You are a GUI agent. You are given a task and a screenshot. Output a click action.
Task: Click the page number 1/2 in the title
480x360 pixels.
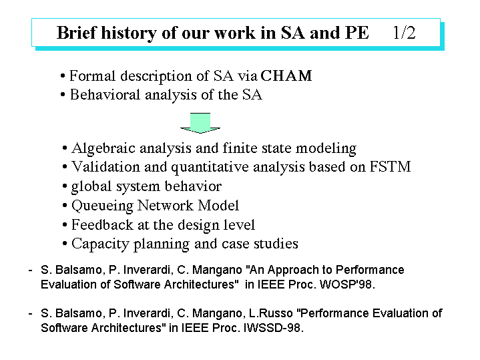coord(404,33)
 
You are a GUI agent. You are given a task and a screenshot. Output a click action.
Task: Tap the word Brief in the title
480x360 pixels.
coord(76,33)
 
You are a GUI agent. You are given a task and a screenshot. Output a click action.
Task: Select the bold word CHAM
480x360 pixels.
coord(286,75)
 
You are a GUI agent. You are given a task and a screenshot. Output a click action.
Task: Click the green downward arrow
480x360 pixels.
coord(200,123)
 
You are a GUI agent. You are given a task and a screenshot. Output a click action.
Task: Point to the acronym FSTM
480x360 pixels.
coord(391,167)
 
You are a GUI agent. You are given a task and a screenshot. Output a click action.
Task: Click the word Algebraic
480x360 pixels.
coord(103,148)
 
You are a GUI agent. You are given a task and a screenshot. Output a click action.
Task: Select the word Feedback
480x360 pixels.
coord(103,224)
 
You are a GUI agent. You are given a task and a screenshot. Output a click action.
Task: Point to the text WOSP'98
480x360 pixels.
coord(347,285)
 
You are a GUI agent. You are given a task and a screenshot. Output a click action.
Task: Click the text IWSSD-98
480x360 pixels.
coord(273,328)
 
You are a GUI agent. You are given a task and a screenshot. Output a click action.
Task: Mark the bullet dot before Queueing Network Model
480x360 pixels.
coord(65,206)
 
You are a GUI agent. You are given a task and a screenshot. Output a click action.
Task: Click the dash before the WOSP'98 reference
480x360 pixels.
coord(30,271)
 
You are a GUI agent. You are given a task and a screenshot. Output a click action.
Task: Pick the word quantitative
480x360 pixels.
coord(210,167)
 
